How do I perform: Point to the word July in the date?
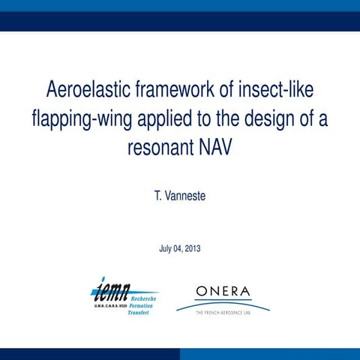click(x=167, y=248)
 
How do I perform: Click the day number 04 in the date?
click(x=178, y=248)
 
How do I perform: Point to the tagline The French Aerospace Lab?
click(x=223, y=310)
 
